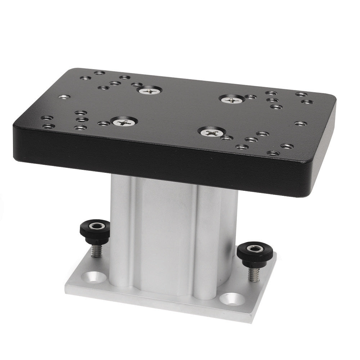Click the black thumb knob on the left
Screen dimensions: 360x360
click(95, 231)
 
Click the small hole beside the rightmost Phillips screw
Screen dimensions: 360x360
click(251, 97)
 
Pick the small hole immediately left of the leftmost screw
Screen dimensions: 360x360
click(104, 123)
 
